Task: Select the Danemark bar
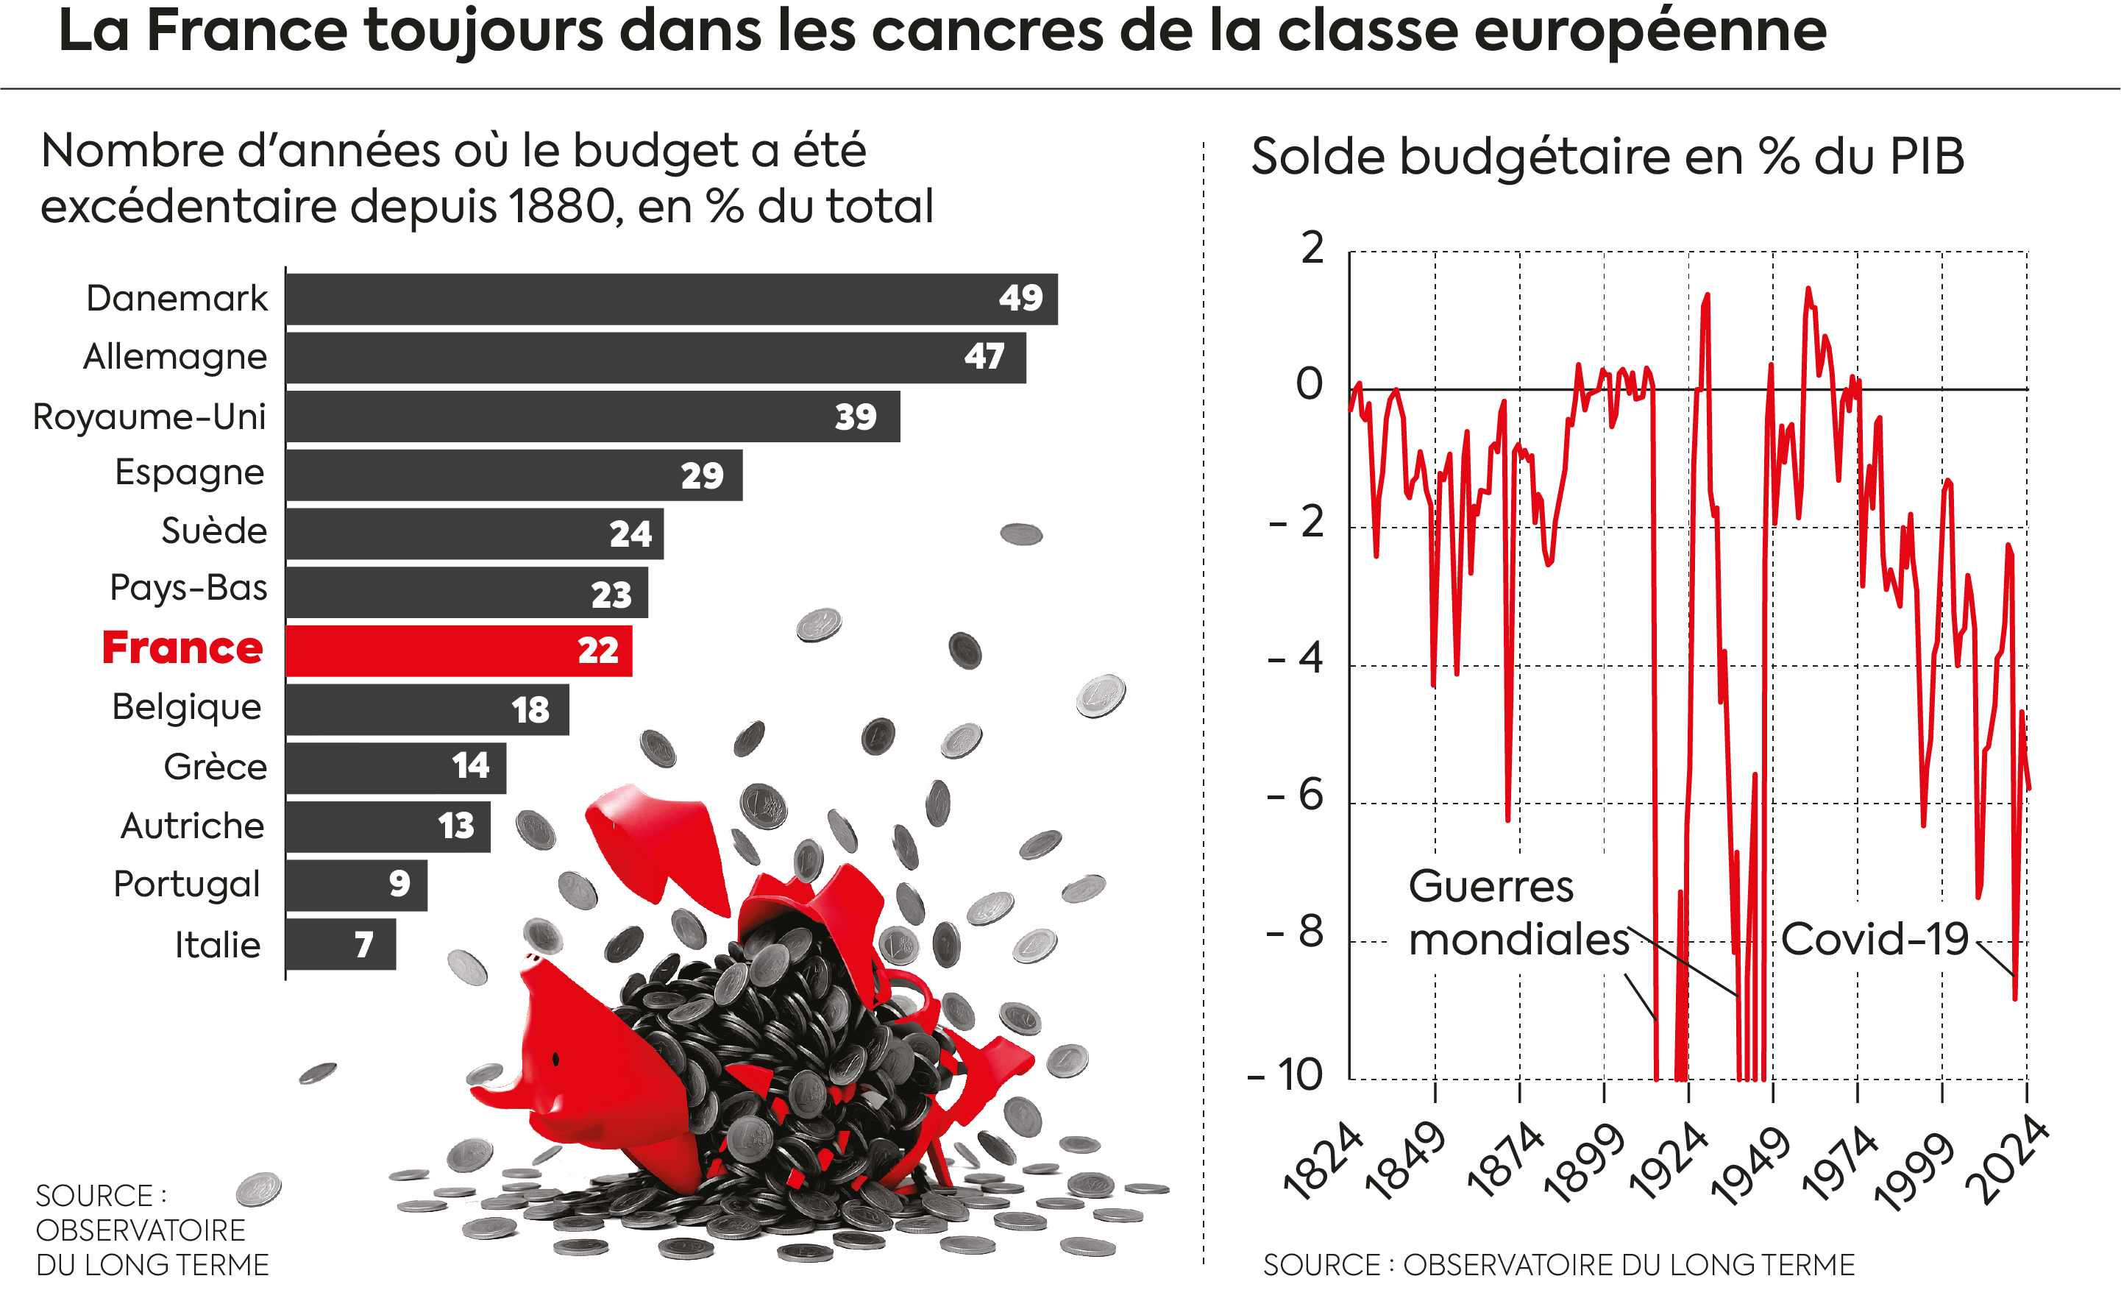(x=672, y=299)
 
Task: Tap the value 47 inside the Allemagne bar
(x=984, y=356)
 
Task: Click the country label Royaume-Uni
(x=149, y=416)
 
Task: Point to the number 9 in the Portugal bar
(x=399, y=884)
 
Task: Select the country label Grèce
(x=216, y=766)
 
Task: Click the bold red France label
(x=182, y=648)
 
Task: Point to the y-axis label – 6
(x=1296, y=794)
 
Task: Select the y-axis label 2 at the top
(x=1312, y=248)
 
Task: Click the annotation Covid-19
(x=1874, y=938)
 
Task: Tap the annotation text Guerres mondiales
(x=1517, y=912)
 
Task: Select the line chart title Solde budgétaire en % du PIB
(x=1607, y=156)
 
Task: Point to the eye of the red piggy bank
(x=557, y=1058)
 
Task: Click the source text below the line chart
(x=1558, y=1265)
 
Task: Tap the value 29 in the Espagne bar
(x=702, y=475)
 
